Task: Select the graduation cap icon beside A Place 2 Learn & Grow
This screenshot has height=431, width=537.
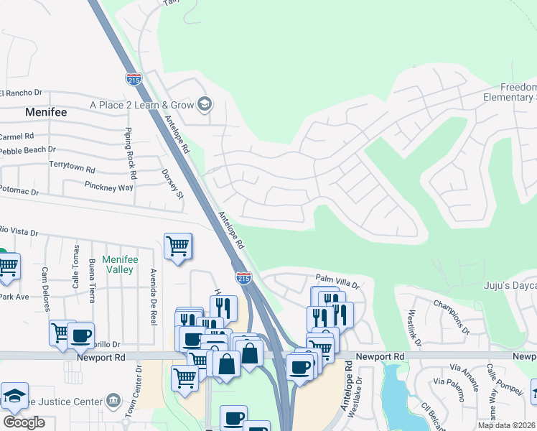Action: [x=205, y=105]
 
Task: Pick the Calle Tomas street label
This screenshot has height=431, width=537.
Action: [x=76, y=267]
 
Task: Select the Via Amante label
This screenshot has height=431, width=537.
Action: [x=461, y=381]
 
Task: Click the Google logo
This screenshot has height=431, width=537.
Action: [x=24, y=422]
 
